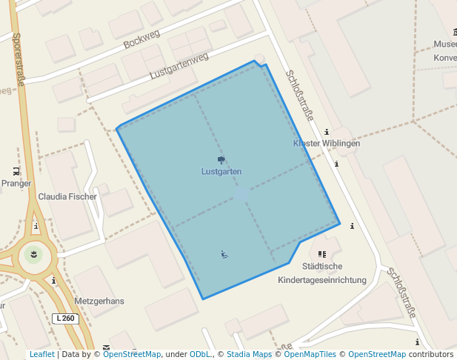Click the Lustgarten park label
(x=221, y=171)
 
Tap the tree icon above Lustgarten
(x=221, y=160)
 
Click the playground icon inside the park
(x=224, y=255)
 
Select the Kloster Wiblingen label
(x=327, y=143)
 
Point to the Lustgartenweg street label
(x=179, y=66)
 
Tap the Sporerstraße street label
(x=19, y=59)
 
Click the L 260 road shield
(x=66, y=319)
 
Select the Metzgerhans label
(x=99, y=301)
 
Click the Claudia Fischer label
(x=67, y=197)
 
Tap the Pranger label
(x=16, y=183)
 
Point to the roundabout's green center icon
(x=33, y=255)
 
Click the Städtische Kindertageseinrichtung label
(x=322, y=273)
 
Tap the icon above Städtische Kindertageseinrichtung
(x=321, y=254)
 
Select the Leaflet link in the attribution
(x=41, y=355)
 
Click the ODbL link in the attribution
(x=200, y=355)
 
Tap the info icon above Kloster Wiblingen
(x=327, y=132)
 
